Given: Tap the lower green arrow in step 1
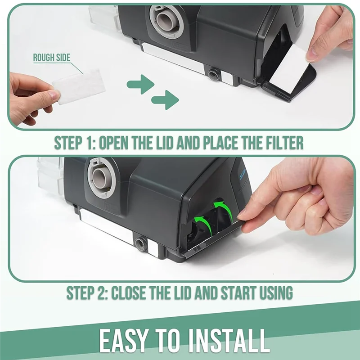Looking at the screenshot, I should pyautogui.click(x=165, y=99).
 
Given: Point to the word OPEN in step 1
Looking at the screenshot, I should pyautogui.click(x=119, y=143).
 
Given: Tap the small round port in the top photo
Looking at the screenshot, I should pyautogui.click(x=214, y=74).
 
